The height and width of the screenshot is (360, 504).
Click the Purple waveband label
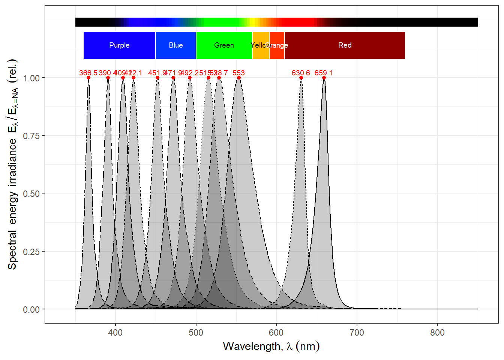pyautogui.click(x=119, y=45)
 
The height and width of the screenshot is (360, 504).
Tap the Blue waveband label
pyautogui.click(x=175, y=45)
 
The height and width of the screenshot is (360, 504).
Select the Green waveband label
pyautogui.click(x=224, y=45)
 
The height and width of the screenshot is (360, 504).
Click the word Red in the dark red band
pyautogui.click(x=345, y=45)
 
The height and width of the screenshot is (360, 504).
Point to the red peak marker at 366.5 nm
pyautogui.click(x=88, y=78)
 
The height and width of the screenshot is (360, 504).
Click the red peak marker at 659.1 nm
pyautogui.click(x=324, y=78)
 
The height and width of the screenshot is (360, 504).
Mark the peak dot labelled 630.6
pyautogui.click(x=301, y=78)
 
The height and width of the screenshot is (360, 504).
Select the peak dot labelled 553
pyautogui.click(x=239, y=78)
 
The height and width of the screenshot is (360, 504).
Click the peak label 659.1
pyautogui.click(x=323, y=73)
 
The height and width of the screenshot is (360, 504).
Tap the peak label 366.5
pyautogui.click(x=88, y=73)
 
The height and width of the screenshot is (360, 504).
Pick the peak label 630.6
pyautogui.click(x=301, y=73)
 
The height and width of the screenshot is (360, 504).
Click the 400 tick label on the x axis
pyautogui.click(x=115, y=333)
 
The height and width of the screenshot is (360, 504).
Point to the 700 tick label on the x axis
pyautogui.click(x=357, y=333)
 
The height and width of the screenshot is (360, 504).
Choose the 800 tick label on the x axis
pyautogui.click(x=437, y=333)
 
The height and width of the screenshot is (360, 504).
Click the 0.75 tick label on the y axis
pyautogui.click(x=31, y=136)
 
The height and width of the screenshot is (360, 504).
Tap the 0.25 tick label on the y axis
pyautogui.click(x=31, y=252)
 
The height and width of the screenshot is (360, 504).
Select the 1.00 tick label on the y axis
pyautogui.click(x=31, y=78)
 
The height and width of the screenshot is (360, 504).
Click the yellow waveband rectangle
pyautogui.click(x=261, y=45)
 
